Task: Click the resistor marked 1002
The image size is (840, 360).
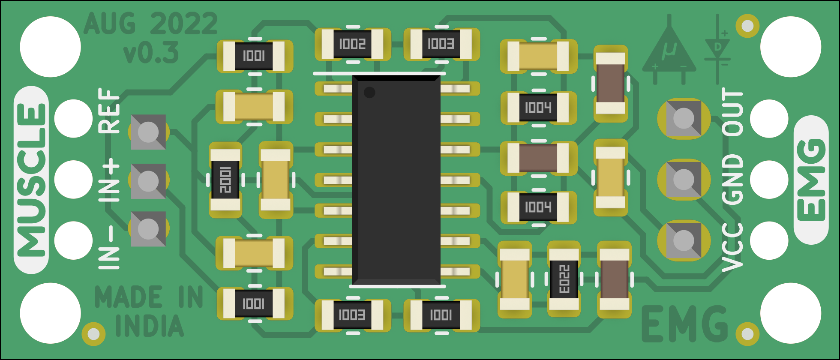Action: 352,44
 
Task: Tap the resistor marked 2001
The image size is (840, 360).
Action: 225,180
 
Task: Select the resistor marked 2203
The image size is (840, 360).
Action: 564,279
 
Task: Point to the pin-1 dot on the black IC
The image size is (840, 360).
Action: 369,92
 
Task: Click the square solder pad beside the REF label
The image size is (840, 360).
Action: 148,132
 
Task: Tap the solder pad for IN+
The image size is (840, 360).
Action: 148,181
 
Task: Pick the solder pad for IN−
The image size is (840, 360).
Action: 148,229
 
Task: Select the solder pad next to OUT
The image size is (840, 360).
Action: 684,118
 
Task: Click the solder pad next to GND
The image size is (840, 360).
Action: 684,180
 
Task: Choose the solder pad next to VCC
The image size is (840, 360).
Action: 684,240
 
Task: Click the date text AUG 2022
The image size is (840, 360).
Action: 150,24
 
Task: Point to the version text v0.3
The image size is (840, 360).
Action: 151,53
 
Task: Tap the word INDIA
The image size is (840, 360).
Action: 150,326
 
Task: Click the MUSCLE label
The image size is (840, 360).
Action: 31,180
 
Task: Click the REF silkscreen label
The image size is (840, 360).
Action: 109,111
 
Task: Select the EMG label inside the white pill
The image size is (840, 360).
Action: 810,180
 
